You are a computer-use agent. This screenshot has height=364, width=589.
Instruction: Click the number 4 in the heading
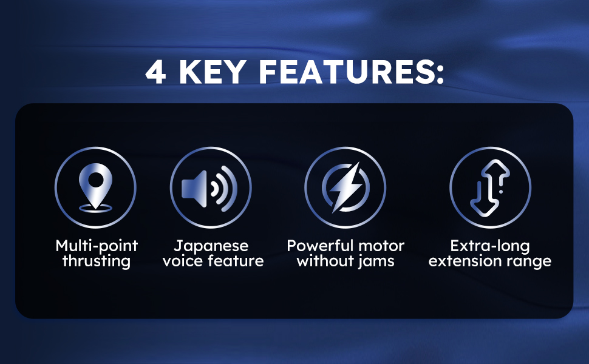[156, 72]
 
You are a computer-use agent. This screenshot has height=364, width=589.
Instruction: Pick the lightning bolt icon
[346, 187]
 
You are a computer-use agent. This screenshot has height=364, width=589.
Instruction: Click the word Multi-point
[97, 246]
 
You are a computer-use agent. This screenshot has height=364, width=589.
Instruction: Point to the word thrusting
[97, 261]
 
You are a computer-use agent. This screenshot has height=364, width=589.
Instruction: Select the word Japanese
[211, 246]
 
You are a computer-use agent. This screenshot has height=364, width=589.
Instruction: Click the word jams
[376, 261]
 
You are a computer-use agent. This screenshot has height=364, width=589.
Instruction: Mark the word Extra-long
[490, 246]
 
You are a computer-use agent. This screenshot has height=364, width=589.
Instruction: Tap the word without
[325, 261]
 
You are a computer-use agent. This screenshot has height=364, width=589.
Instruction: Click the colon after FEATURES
[440, 73]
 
